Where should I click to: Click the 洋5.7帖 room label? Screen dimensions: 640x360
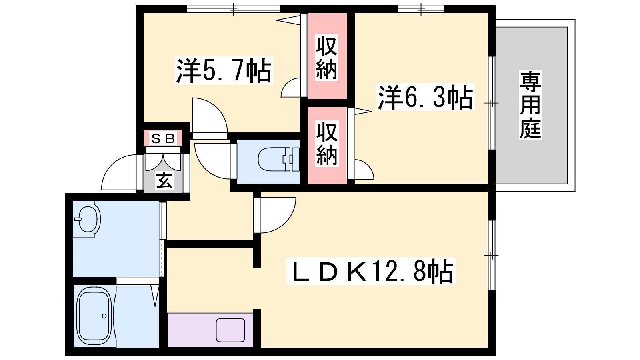(x=224, y=70)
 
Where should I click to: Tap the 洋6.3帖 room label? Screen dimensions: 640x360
(x=425, y=97)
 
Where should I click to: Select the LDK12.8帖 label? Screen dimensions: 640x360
(x=370, y=271)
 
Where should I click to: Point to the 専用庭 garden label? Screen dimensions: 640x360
(x=530, y=105)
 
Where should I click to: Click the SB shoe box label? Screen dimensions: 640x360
(x=163, y=138)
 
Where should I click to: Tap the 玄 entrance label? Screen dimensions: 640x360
(x=164, y=180)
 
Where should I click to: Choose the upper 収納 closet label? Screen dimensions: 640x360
(x=326, y=57)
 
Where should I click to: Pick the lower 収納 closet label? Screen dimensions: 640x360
(x=326, y=144)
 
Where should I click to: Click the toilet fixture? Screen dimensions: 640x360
(x=278, y=159)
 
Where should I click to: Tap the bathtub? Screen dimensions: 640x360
(x=95, y=316)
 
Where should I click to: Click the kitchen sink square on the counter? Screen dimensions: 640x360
(x=230, y=330)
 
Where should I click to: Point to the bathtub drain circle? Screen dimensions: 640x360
(x=104, y=316)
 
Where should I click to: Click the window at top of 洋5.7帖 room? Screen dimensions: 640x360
(x=234, y=10)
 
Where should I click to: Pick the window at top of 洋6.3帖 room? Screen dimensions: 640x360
(x=421, y=10)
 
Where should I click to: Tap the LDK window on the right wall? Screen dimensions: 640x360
(x=492, y=255)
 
